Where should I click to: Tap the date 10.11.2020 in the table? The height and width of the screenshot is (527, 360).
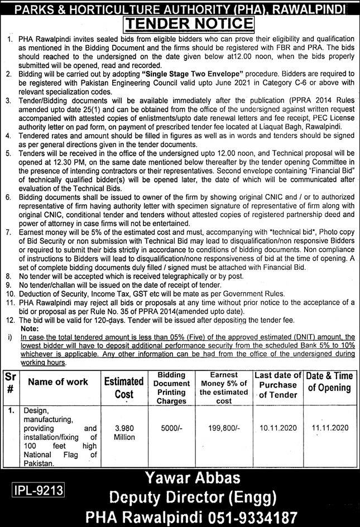pyautogui.click(x=278, y=428)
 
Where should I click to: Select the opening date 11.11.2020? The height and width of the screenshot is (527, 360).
pyautogui.click(x=332, y=428)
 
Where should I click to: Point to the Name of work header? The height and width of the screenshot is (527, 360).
pyautogui.click(x=58, y=382)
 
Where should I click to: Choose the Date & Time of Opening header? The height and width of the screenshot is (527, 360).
pyautogui.click(x=332, y=382)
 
